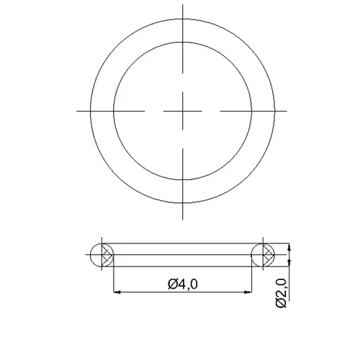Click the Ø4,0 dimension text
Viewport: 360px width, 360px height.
[x=183, y=284]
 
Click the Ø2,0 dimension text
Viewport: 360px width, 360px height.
[x=281, y=293]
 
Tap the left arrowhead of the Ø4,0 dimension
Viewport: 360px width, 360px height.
[x=117, y=292]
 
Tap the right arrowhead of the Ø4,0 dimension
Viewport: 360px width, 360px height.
[x=248, y=292]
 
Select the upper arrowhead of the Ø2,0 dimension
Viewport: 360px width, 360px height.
[x=289, y=247]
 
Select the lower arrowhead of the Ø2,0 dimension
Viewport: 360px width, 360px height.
[x=289, y=263]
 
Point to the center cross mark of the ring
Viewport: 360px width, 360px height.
[x=183, y=111]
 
